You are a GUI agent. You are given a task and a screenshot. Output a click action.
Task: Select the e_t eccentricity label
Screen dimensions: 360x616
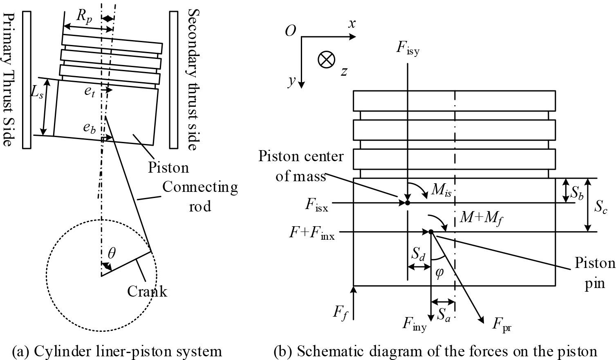pyautogui.click(x=90, y=92)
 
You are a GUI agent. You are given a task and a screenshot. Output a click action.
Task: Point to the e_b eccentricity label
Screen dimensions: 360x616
pyautogui.click(x=90, y=128)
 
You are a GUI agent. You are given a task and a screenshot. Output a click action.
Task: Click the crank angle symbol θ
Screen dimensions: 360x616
pyautogui.click(x=111, y=254)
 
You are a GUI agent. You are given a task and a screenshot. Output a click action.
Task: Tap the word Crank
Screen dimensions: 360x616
pyautogui.click(x=147, y=291)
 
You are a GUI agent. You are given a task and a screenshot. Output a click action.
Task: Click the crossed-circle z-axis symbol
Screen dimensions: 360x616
pyautogui.click(x=326, y=60)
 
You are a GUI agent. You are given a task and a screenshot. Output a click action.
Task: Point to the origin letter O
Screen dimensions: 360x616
pyautogui.click(x=290, y=31)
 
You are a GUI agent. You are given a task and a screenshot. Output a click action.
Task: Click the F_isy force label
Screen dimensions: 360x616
pyautogui.click(x=408, y=48)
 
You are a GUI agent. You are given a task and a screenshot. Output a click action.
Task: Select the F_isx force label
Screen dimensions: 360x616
pyautogui.click(x=316, y=205)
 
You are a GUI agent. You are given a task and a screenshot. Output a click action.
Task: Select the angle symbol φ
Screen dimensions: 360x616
pyautogui.click(x=439, y=272)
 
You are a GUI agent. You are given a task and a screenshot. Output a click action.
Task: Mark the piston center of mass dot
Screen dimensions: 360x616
pyautogui.click(x=408, y=202)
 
